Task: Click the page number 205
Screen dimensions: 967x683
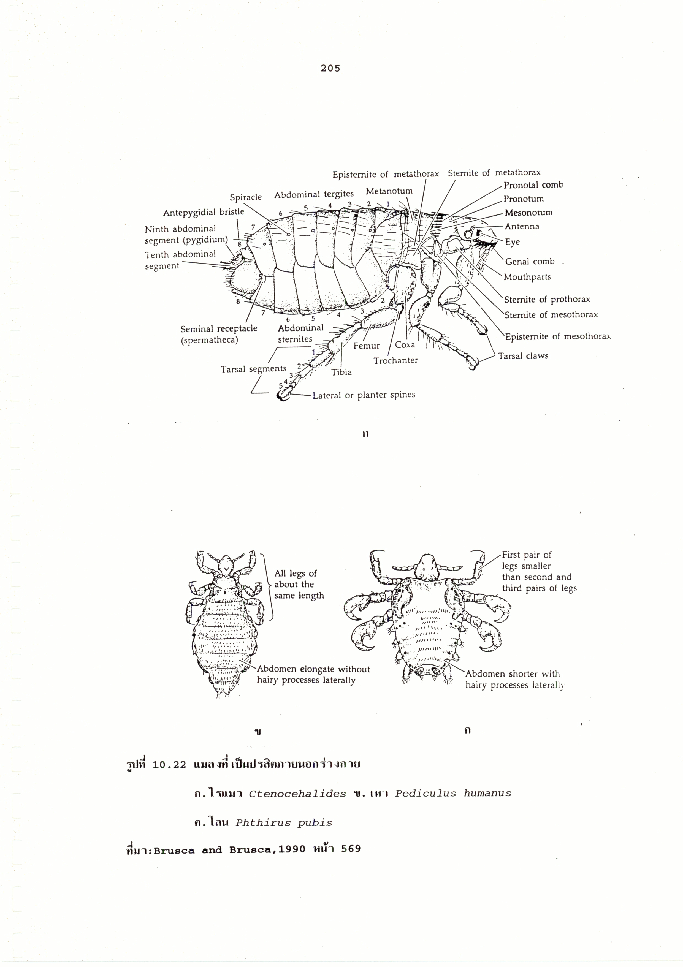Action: click(x=330, y=68)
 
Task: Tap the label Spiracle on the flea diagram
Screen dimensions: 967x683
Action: click(x=246, y=197)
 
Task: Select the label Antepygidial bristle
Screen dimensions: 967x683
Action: click(x=204, y=212)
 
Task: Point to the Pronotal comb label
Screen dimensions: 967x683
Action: click(x=533, y=185)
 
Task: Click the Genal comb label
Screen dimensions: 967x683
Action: click(x=530, y=262)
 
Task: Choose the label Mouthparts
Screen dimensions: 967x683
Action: click(x=527, y=277)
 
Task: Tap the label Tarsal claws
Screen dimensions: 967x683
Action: click(x=523, y=356)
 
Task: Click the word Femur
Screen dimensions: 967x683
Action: click(x=366, y=346)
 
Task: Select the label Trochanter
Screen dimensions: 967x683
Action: click(x=395, y=360)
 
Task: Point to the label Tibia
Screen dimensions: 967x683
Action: click(x=341, y=372)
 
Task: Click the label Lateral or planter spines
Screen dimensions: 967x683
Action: click(x=364, y=395)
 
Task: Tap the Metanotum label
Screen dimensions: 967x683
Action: click(x=389, y=191)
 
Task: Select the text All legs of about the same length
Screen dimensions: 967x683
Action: click(x=299, y=584)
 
